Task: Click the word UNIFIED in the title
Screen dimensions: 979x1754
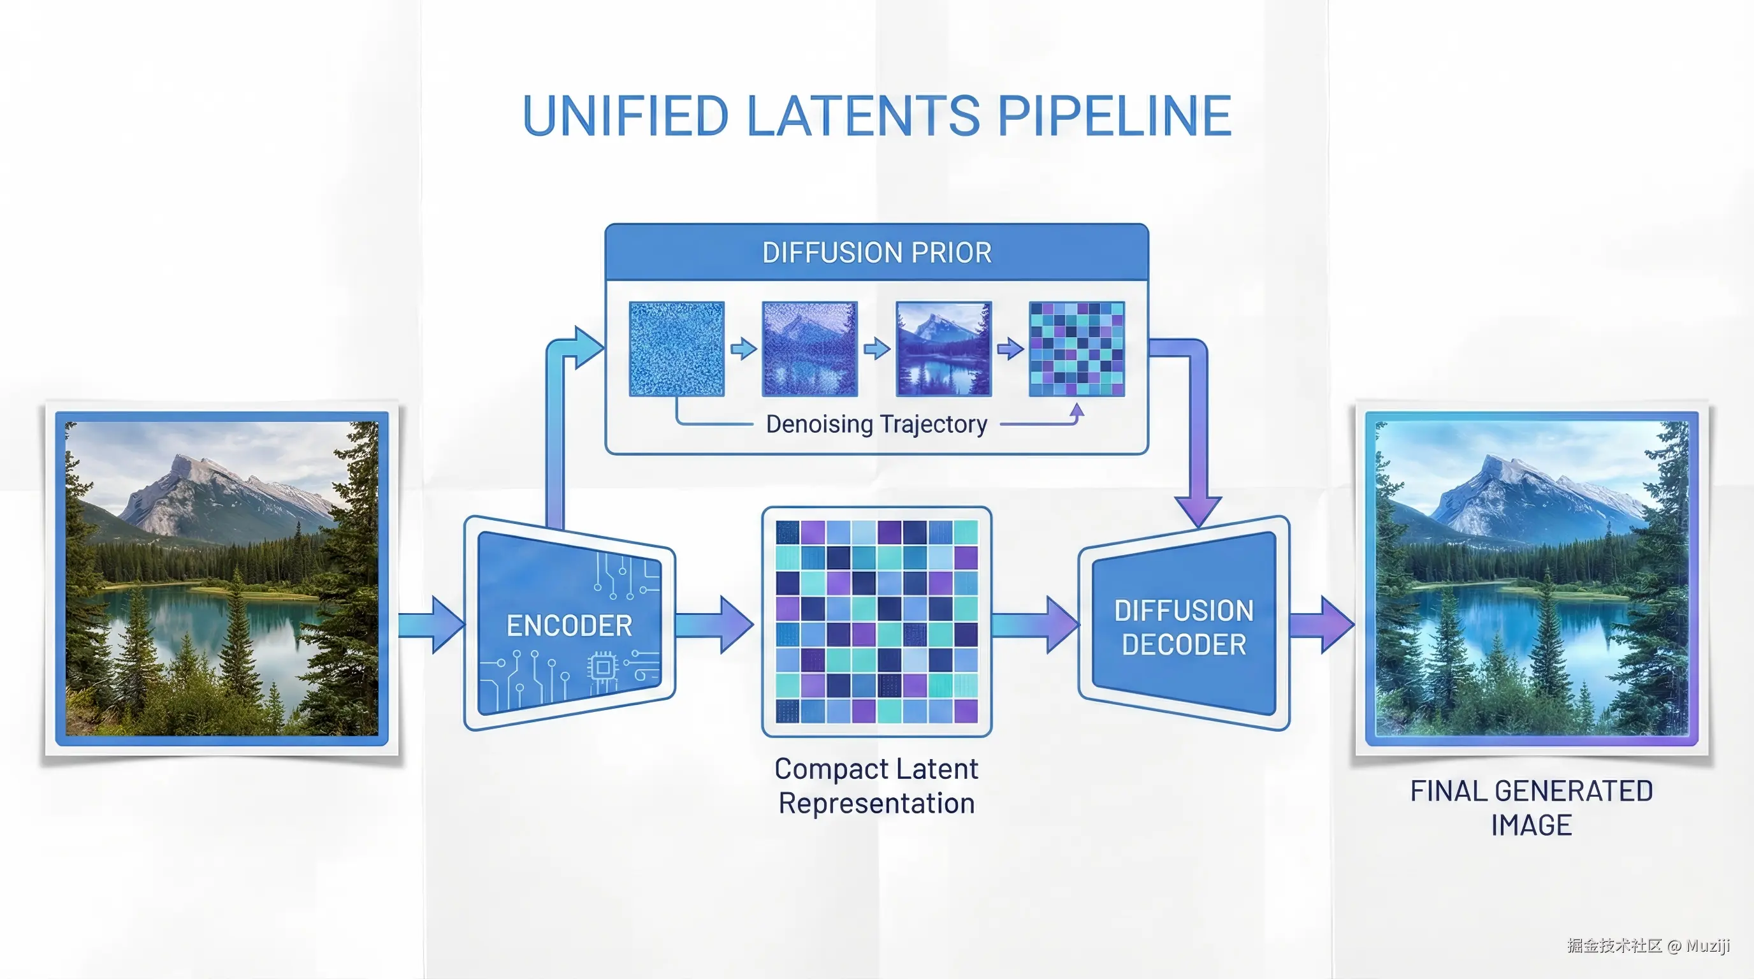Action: coord(625,116)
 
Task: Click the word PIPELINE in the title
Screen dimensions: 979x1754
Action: coord(1115,116)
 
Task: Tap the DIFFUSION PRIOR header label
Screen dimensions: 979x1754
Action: coord(876,252)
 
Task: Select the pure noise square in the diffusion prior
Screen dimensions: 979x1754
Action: coord(676,349)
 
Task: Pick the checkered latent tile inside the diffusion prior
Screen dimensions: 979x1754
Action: coord(1076,349)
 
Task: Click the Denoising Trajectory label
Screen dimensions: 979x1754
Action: coord(876,424)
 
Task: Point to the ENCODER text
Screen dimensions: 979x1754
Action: coord(569,626)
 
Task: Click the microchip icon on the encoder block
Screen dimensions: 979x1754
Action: coord(602,667)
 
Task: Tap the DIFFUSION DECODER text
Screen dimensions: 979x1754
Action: coord(1184,627)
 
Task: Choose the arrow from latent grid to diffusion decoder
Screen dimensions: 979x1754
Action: coord(1035,624)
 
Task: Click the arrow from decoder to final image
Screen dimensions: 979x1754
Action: coord(1321,624)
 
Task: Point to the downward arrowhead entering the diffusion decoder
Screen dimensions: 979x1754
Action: coord(1198,511)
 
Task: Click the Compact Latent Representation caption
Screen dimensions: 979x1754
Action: coord(876,786)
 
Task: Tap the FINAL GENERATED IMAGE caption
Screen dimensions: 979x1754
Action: coord(1532,808)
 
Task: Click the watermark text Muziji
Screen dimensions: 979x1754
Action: coord(1707,946)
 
